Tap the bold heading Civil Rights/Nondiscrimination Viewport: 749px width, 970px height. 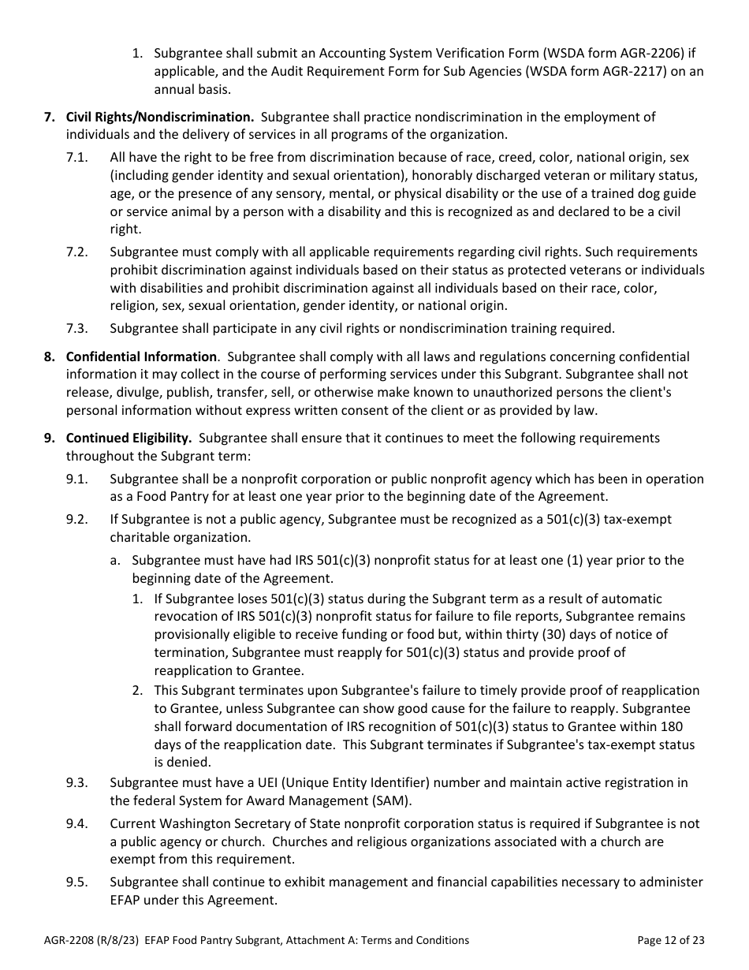160,118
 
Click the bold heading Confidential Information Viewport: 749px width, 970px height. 141,357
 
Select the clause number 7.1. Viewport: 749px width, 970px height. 77,158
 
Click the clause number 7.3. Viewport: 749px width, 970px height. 77,329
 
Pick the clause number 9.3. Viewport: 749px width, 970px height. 77,783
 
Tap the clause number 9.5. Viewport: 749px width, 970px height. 77,882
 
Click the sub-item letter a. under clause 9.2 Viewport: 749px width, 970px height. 115,561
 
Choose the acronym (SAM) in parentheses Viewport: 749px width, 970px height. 391,800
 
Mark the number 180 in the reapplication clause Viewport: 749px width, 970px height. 672,726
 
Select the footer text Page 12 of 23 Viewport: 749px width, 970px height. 671,940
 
